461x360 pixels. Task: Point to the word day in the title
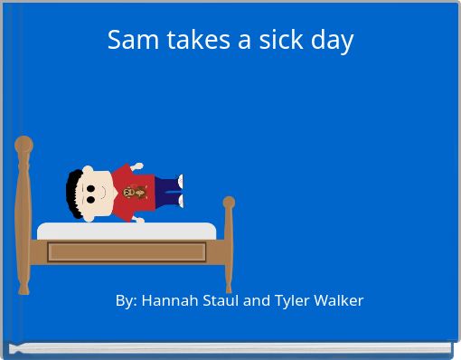(x=332, y=41)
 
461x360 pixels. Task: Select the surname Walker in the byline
(x=338, y=300)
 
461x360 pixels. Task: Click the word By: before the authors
(x=127, y=300)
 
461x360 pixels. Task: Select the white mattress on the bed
(x=126, y=230)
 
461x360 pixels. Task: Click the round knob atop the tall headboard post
(x=24, y=144)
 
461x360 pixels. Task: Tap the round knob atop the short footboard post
(x=229, y=203)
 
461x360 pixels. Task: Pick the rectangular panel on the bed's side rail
(x=127, y=252)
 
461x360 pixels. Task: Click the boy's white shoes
(x=180, y=191)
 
